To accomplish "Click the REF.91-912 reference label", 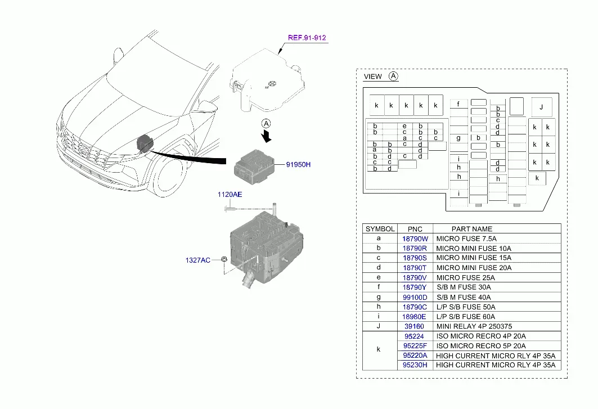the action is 307,38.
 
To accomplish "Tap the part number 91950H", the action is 298,164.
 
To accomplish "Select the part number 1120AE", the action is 230,195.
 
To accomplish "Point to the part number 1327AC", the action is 197,260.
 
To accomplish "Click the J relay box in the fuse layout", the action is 542,107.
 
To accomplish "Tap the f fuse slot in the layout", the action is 458,104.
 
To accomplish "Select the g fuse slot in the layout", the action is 458,138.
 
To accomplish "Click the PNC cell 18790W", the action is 415,239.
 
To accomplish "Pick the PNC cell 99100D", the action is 415,297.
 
